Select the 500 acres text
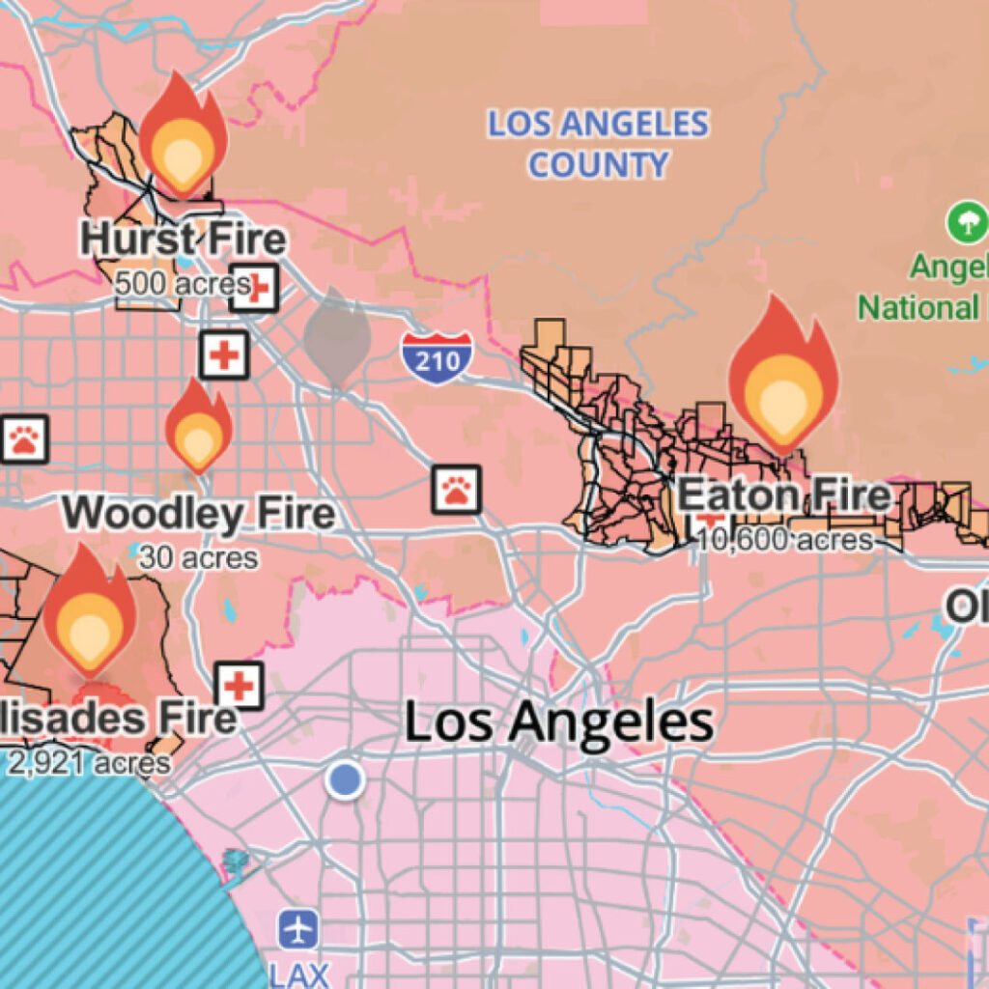179,284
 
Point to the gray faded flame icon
337,338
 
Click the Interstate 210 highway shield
438,357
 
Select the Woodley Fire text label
200,513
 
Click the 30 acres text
198,557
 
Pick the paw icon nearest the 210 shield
456,490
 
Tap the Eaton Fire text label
783,495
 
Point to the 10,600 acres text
784,540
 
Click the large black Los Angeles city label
558,722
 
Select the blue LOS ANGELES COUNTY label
598,144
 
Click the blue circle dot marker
344,779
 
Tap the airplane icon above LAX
298,930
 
